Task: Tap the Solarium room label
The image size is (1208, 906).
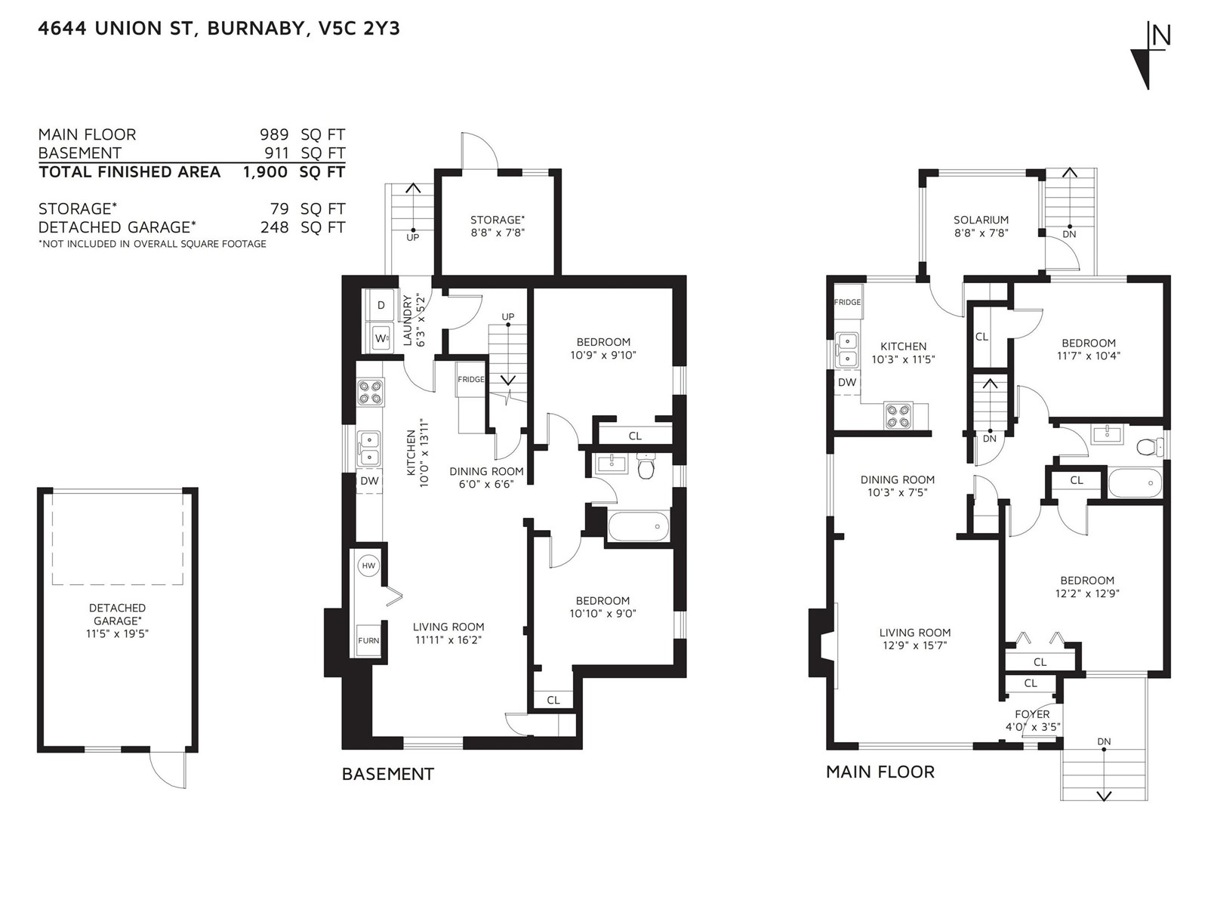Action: (x=981, y=220)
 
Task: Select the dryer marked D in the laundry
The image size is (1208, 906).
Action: (x=381, y=305)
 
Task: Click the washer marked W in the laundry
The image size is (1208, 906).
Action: (x=381, y=337)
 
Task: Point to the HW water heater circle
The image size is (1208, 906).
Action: (x=368, y=565)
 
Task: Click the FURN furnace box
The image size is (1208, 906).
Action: (x=368, y=640)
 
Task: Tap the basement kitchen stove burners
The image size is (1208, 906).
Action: (x=370, y=392)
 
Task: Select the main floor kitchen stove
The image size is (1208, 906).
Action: (x=898, y=416)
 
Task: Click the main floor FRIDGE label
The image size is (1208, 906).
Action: (x=847, y=302)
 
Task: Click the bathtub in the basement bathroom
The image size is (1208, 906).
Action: (x=639, y=526)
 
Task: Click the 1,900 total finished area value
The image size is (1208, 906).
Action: (x=265, y=172)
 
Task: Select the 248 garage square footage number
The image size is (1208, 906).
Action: (x=274, y=227)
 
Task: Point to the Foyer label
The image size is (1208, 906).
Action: (x=1032, y=714)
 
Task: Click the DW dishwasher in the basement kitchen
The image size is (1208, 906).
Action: (x=370, y=481)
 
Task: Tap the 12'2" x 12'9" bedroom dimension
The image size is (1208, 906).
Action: (x=1087, y=593)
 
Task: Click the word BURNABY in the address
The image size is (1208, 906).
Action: (x=257, y=29)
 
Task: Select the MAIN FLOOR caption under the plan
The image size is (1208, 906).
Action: (x=880, y=772)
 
